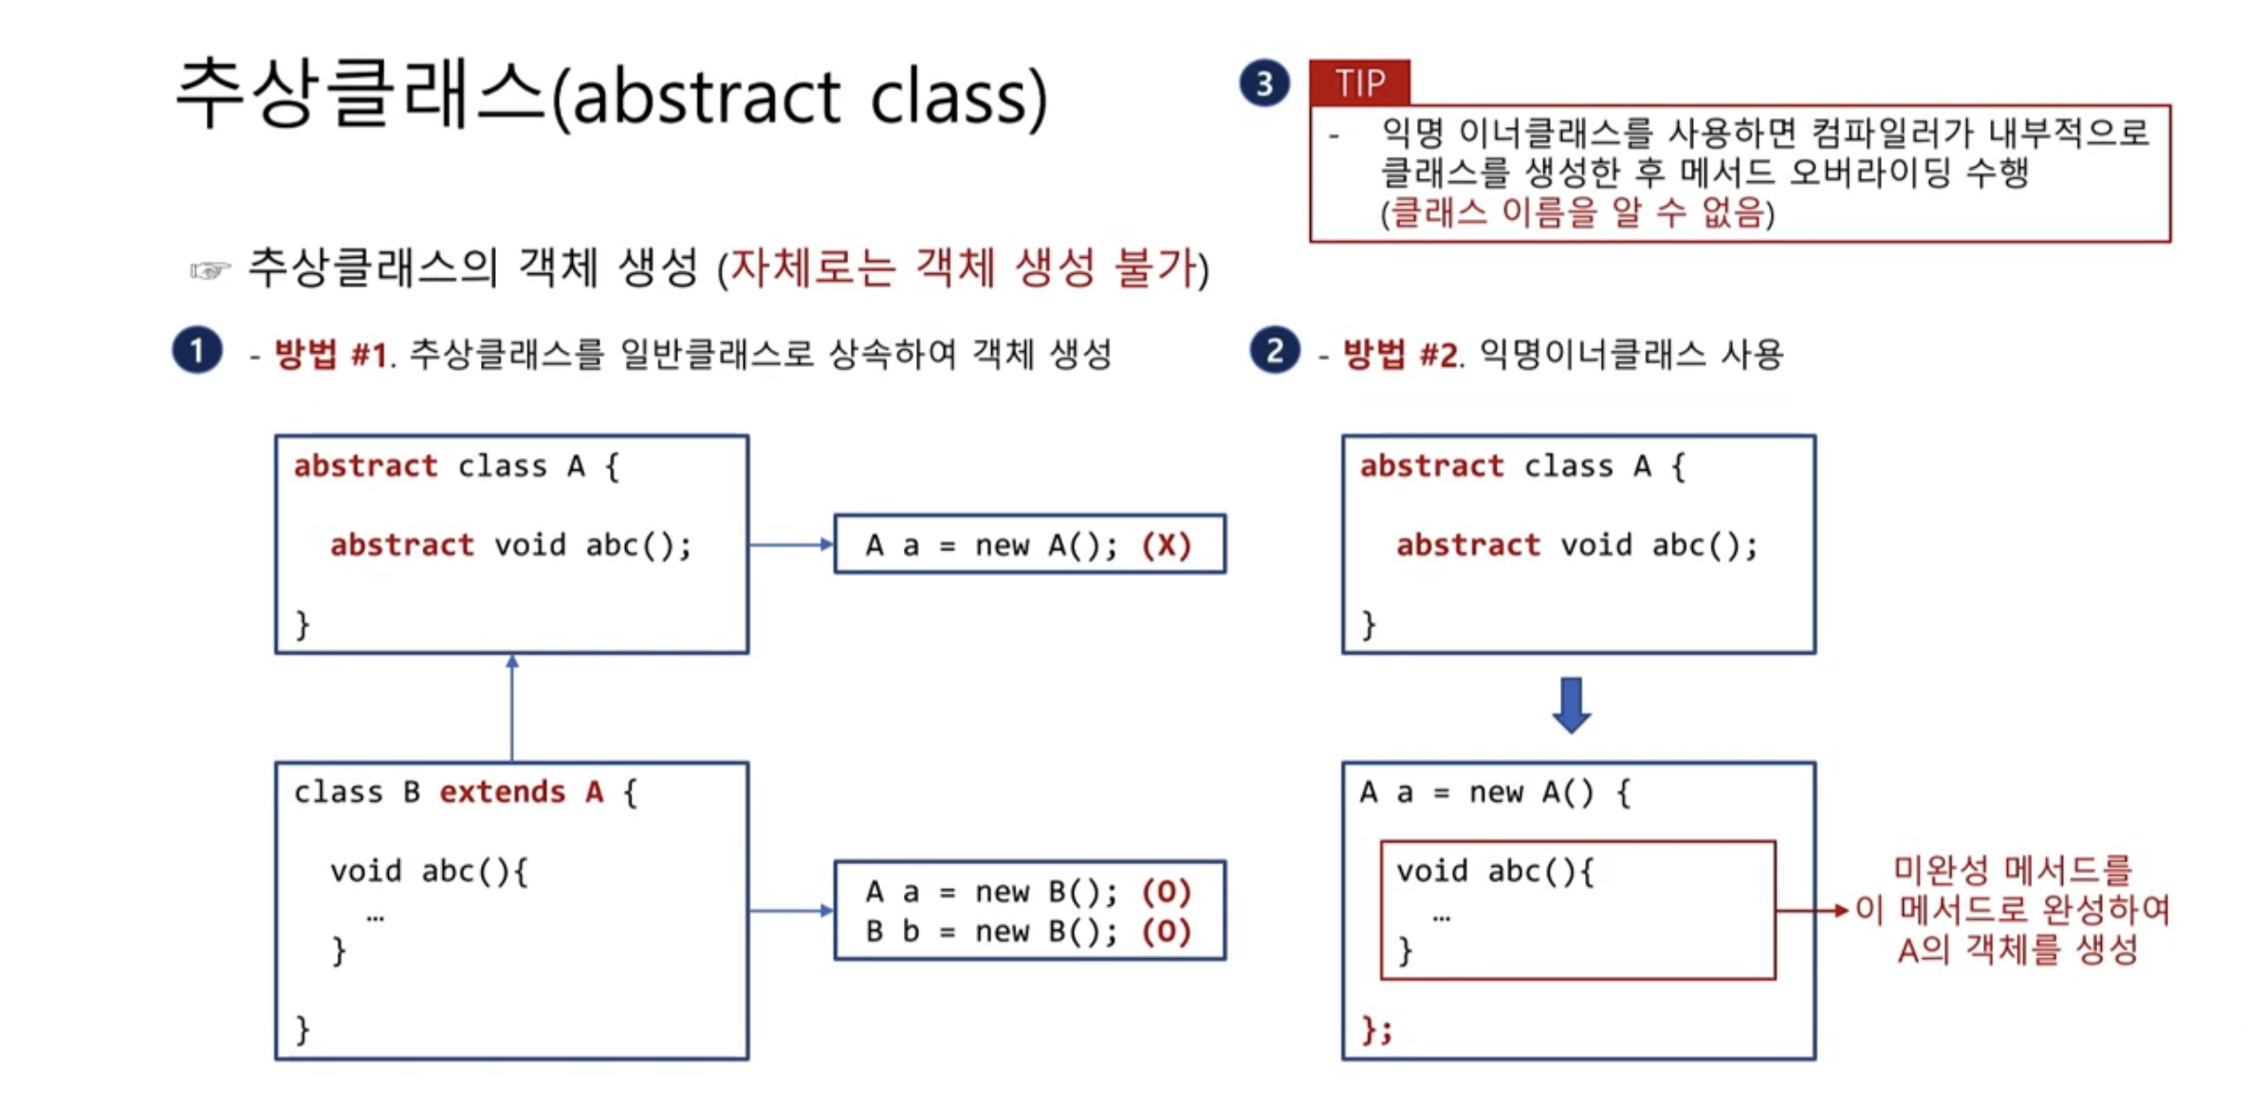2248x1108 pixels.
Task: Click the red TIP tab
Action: coord(1359,83)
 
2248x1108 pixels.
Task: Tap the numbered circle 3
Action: coord(1264,83)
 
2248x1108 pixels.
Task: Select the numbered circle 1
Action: coord(197,351)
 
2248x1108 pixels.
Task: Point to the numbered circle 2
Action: coord(1275,351)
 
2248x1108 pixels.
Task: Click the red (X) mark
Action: coord(1167,545)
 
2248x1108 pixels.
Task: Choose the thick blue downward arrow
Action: coord(1572,705)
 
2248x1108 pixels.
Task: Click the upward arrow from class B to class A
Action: coord(512,707)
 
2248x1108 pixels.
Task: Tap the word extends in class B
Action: coord(503,792)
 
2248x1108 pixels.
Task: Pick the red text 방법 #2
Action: coord(1400,355)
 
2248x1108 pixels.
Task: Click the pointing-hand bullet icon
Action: coord(210,271)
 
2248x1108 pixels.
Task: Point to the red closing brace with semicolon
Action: coord(1376,1029)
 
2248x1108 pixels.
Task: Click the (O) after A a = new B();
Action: coord(1167,892)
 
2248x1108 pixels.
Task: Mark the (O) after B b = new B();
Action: coord(1167,932)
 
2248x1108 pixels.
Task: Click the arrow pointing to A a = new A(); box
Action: coord(790,545)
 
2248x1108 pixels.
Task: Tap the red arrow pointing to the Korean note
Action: coord(1812,911)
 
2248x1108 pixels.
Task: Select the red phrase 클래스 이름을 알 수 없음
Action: coord(1576,212)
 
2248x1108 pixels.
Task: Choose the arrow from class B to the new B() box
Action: coord(790,911)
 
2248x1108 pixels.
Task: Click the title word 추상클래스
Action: coord(360,95)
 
